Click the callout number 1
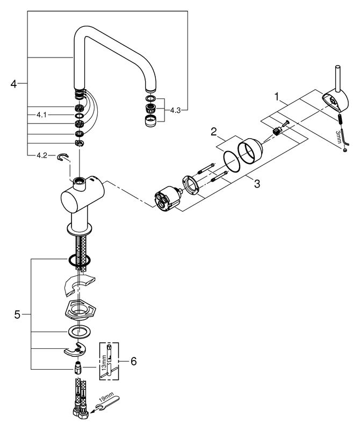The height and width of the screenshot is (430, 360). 277,96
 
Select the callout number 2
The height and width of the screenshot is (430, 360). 214,132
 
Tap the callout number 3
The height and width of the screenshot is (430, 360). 257,183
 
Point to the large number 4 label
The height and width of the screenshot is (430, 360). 14,84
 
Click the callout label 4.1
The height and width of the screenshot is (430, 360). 41,115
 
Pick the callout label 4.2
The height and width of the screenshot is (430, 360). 42,155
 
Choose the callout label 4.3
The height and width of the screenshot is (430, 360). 176,110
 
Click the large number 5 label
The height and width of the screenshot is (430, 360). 17,314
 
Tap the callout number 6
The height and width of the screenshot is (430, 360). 134,361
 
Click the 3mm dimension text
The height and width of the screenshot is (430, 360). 338,137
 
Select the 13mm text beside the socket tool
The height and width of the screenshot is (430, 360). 103,362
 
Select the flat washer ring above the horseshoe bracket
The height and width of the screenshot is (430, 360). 78,332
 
